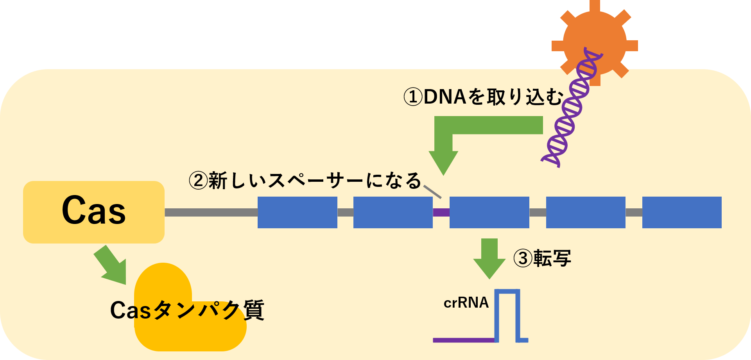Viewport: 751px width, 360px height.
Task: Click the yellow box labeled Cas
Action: (x=94, y=212)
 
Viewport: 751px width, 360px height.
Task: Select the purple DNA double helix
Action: (x=572, y=107)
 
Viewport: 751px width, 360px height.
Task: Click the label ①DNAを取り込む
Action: (x=484, y=97)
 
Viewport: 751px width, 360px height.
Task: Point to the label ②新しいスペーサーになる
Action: (x=305, y=181)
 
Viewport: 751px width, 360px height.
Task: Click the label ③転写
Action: (x=542, y=258)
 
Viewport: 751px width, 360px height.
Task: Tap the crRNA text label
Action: (x=466, y=303)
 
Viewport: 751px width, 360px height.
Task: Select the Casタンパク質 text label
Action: (x=187, y=310)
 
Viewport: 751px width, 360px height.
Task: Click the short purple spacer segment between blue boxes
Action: (x=441, y=213)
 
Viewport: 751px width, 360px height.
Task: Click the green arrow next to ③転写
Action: (x=489, y=258)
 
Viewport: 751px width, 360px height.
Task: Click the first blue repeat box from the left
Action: (x=298, y=212)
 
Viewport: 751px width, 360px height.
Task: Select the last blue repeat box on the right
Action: (x=682, y=212)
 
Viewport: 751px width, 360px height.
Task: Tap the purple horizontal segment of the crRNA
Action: (x=464, y=340)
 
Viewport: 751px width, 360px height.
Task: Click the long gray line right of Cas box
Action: (x=211, y=213)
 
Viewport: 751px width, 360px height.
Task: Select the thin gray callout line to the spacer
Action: (x=432, y=192)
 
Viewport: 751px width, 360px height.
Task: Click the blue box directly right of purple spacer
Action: (x=489, y=212)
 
